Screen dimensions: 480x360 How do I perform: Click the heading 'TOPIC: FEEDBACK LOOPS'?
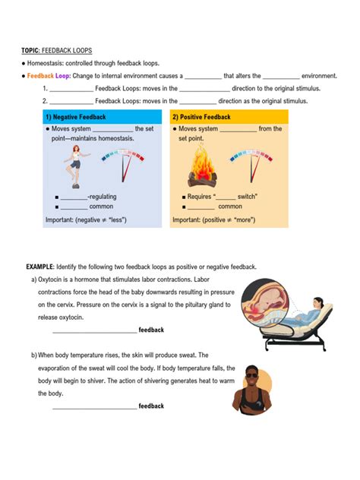coord(56,50)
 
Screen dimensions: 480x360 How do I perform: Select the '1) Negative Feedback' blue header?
coord(75,117)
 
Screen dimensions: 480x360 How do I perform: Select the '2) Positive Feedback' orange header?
coord(201,117)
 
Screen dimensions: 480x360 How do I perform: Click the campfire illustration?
coord(202,169)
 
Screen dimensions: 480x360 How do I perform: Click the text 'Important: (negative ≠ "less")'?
coord(85,219)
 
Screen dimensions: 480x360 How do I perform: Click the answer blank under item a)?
coord(94,330)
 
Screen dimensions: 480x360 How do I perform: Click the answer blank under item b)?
coord(94,406)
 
